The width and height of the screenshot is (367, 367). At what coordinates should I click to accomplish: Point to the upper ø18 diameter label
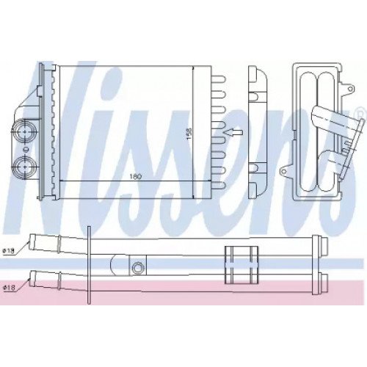(x=8, y=250)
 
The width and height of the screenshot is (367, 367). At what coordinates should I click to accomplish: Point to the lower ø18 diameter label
(x=8, y=287)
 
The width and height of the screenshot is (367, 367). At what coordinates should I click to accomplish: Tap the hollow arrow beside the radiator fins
(x=231, y=133)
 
